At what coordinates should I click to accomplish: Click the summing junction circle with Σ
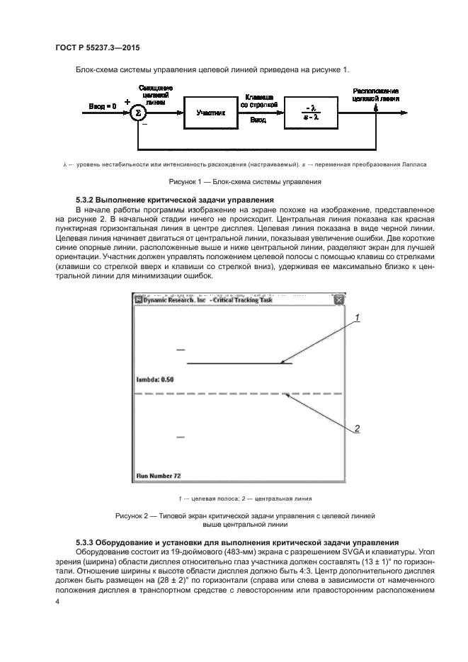coord(139,113)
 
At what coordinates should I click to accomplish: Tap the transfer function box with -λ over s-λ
coord(312,113)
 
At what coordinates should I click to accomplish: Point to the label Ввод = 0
coord(102,107)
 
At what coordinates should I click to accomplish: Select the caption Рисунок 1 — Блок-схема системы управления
coord(234,181)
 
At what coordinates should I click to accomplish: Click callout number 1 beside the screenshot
coord(358,318)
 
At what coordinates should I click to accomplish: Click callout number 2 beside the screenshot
coord(358,428)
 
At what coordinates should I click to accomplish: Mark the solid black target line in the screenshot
coord(239,363)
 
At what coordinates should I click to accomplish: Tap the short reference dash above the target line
coord(181,350)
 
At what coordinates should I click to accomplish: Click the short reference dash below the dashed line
coord(181,438)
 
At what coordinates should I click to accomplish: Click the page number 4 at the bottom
coord(58,601)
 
